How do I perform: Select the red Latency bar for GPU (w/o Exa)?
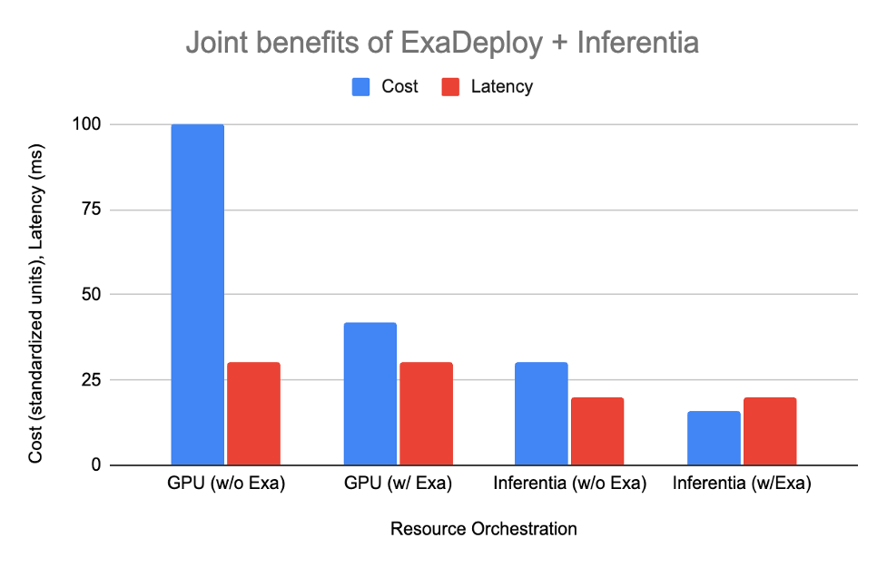[253, 414]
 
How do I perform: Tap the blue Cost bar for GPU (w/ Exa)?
[370, 394]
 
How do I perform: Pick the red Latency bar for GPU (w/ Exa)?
[426, 414]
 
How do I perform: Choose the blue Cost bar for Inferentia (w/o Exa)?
[541, 414]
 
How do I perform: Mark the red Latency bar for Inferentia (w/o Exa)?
[597, 431]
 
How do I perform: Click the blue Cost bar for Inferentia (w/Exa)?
[714, 438]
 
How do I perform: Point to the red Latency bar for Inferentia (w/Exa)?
[770, 431]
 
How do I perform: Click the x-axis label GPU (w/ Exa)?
[398, 484]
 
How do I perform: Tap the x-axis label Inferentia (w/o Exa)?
[569, 484]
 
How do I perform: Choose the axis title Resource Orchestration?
[483, 528]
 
